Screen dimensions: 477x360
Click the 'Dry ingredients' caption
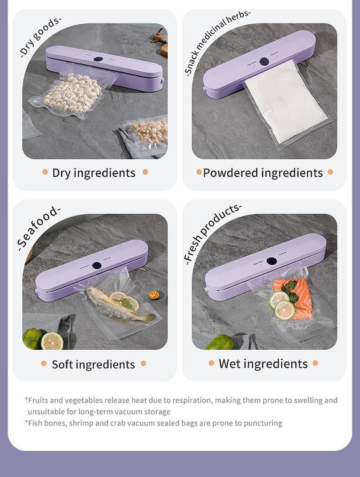coord(94,173)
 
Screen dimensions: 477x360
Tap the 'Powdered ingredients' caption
coord(263,173)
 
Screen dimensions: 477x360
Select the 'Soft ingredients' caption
coord(93,364)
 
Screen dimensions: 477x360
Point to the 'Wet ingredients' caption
coord(263,363)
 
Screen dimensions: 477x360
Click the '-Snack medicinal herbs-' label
coord(217,42)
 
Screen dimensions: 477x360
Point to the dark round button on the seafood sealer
coord(97,265)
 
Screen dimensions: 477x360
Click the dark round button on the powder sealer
coord(264,61)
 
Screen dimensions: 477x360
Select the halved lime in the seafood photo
coord(52,340)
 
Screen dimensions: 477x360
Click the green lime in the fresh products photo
coord(219,342)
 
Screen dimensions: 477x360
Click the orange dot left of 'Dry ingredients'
coord(45,172)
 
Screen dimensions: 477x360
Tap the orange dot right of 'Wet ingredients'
coord(315,363)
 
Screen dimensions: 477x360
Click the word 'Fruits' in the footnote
coord(39,400)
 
